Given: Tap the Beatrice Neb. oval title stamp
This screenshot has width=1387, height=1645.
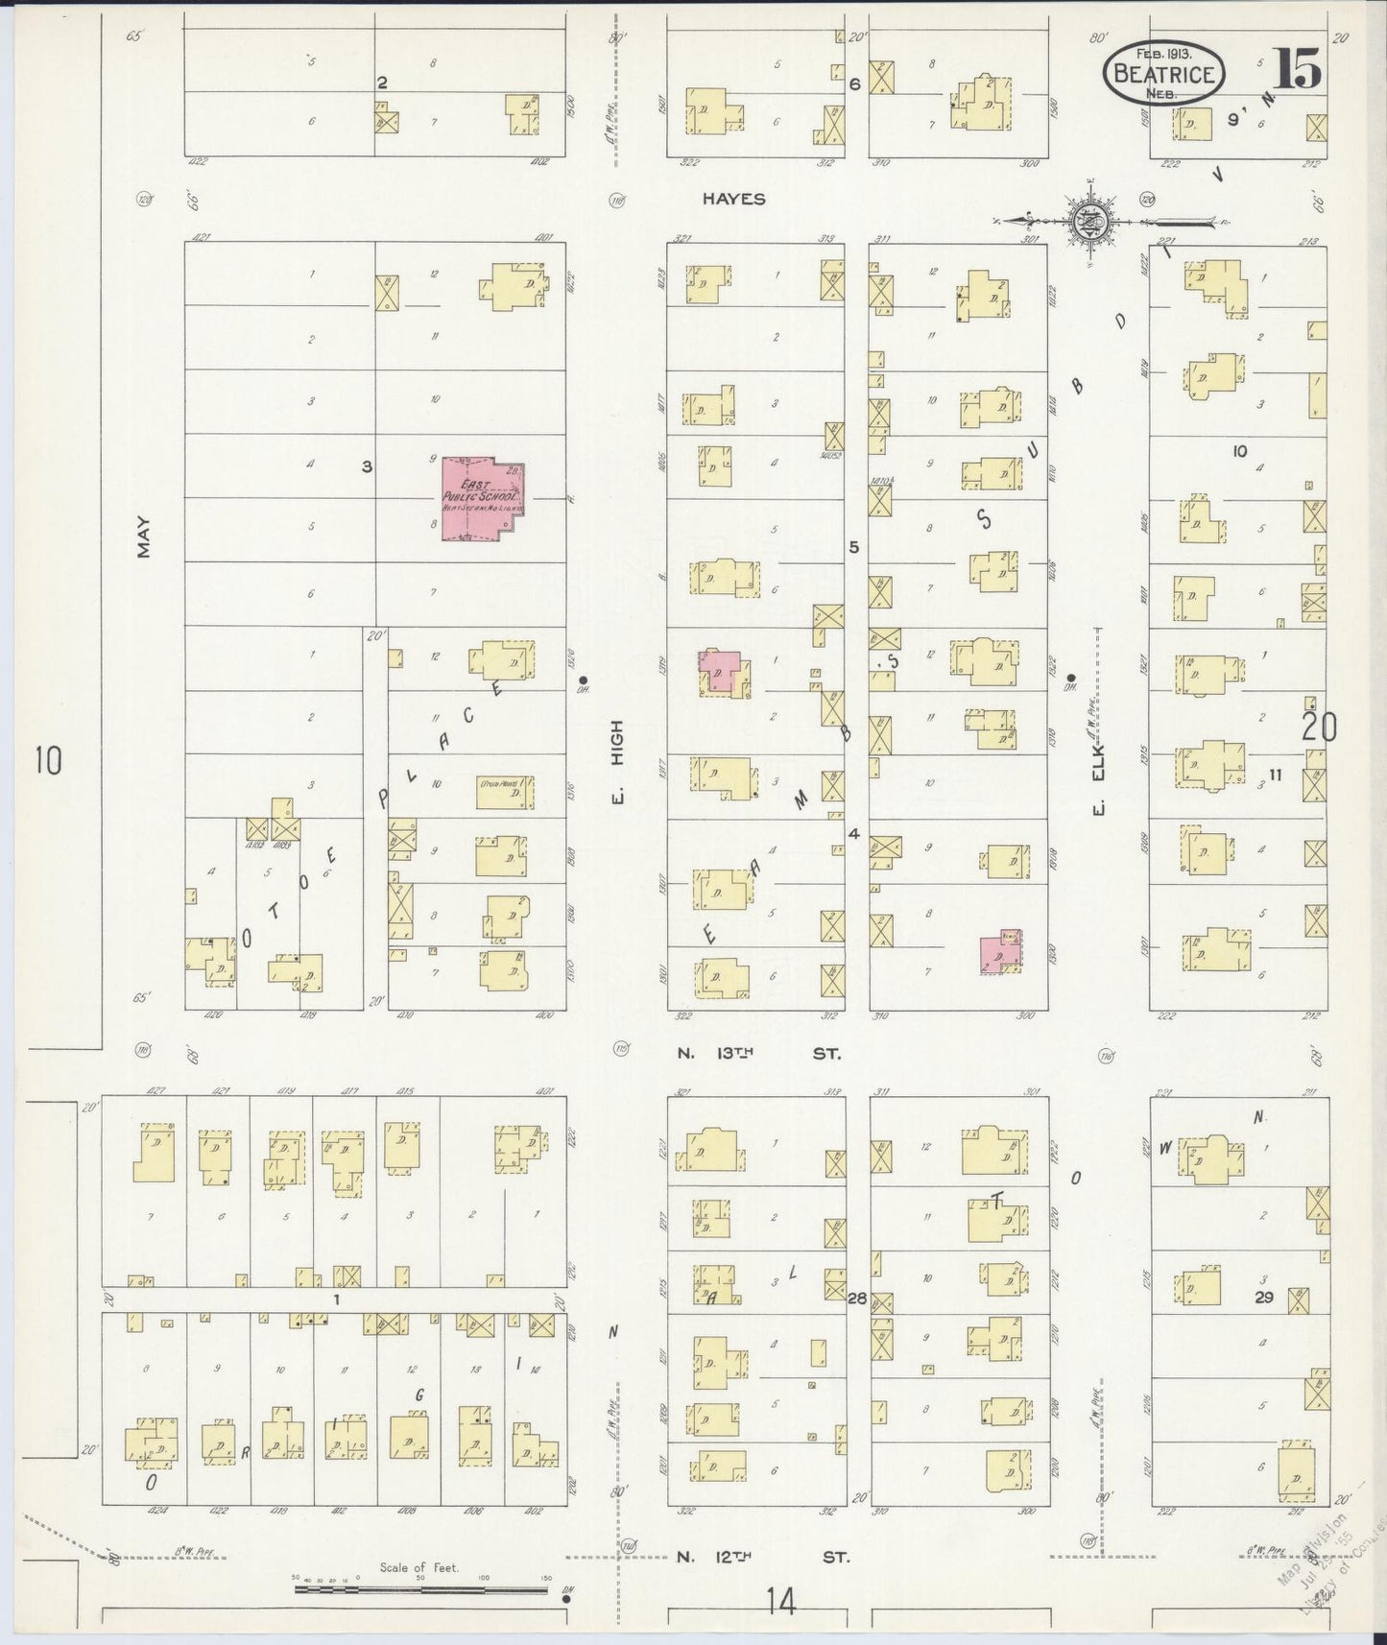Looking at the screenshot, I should coord(1165,73).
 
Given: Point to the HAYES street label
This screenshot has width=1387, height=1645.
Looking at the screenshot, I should coord(733,199).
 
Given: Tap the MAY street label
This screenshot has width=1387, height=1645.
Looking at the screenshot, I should coord(144,535).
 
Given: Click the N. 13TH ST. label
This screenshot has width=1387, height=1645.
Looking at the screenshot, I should coord(758,1053).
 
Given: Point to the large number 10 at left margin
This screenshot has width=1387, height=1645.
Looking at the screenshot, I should coord(47,761).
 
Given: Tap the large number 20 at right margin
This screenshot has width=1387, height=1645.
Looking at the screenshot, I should coord(1318,727).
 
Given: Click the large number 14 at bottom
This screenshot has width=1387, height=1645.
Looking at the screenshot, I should coord(781,1601).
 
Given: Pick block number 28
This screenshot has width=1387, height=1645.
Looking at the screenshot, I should coord(856,1299).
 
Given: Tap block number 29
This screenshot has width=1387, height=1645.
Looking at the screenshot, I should coord(1263,1297).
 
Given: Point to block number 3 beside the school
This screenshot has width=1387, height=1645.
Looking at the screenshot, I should coord(367,466).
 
